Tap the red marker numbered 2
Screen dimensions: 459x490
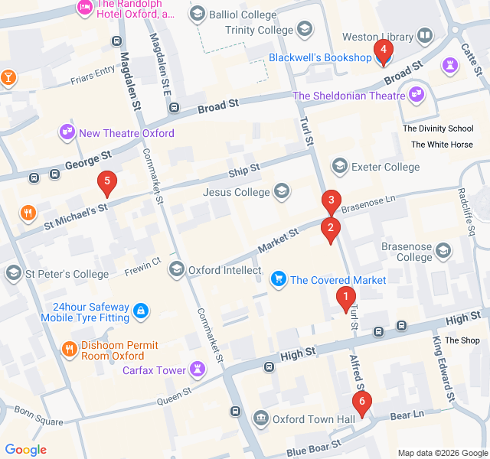[331, 229]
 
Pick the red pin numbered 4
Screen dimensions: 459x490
[383, 50]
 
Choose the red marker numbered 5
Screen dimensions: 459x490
[107, 183]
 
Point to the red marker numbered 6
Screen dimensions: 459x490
[361, 402]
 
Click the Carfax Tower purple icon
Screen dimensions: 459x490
[198, 370]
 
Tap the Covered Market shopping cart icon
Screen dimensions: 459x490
[279, 280]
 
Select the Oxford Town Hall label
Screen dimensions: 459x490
[314, 419]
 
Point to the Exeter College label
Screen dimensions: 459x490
[385, 167]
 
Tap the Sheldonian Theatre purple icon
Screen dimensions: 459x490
[416, 96]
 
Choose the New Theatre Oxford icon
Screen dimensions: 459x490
[67, 133]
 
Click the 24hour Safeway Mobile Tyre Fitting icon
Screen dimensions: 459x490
[140, 311]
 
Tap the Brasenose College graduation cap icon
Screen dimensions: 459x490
[443, 251]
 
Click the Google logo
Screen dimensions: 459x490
[26, 450]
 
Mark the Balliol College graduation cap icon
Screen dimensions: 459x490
[198, 14]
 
